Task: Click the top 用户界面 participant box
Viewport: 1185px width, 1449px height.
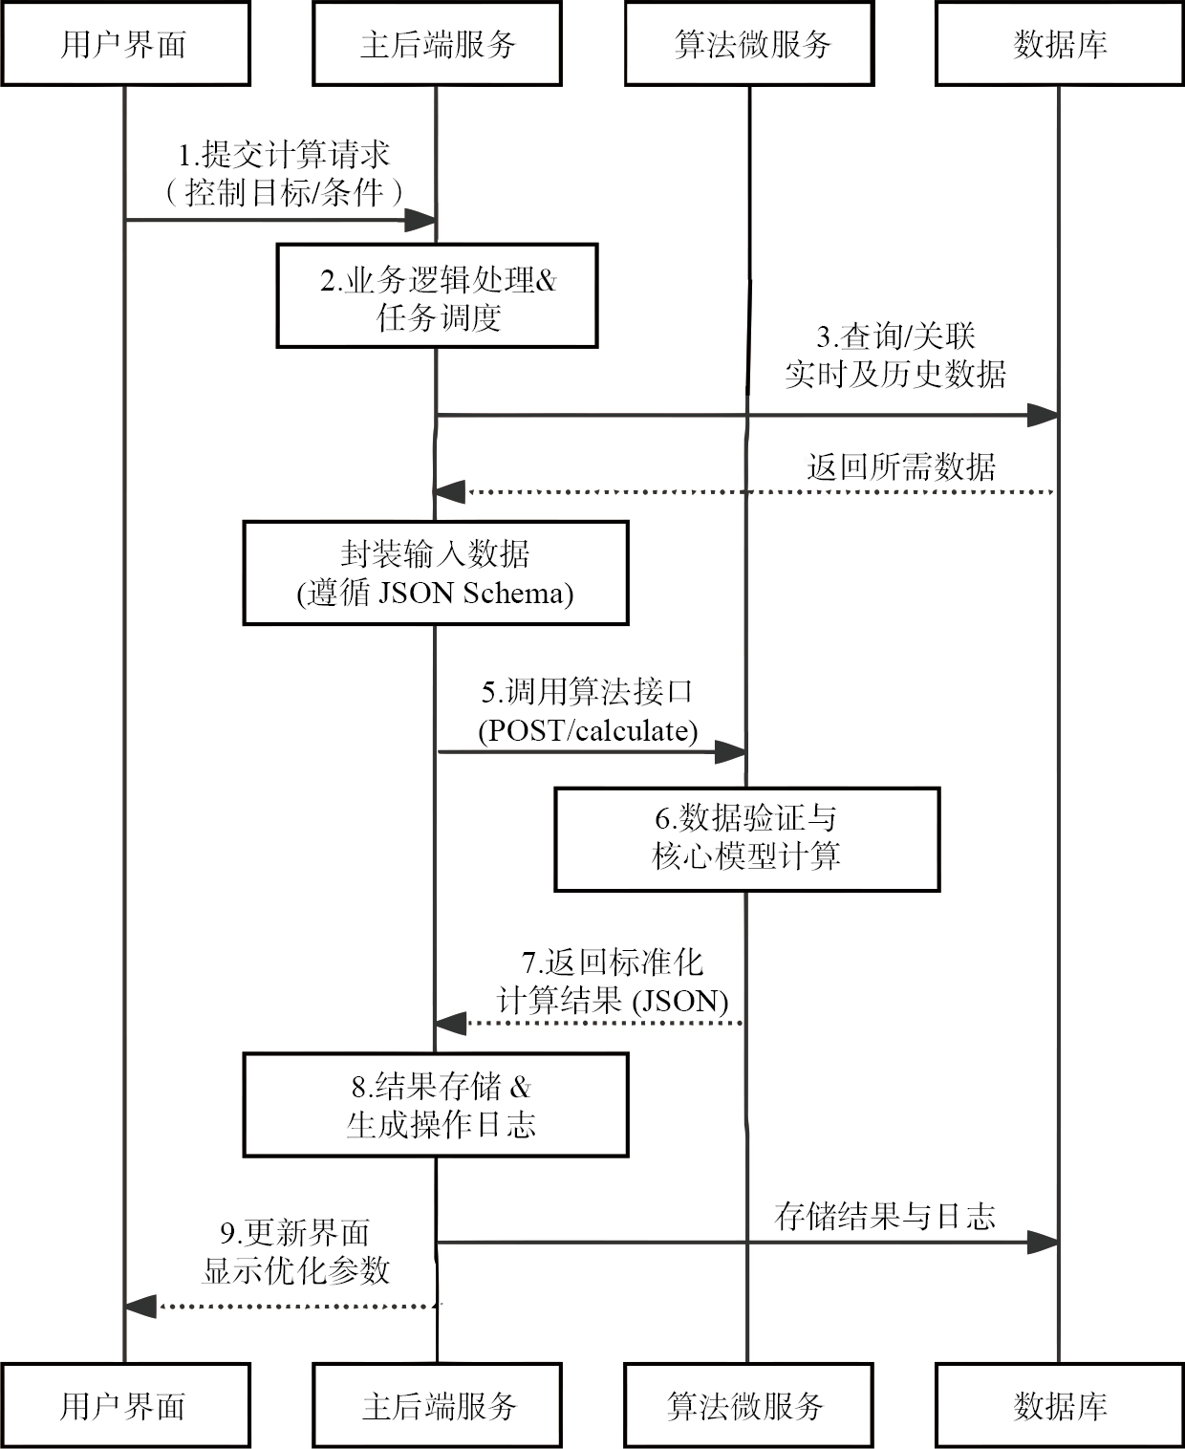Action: pos(125,44)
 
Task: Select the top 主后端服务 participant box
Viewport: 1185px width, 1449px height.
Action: pos(437,44)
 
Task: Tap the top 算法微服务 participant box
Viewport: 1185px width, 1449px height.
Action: pos(749,44)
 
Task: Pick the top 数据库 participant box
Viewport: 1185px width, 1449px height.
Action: pos(1060,44)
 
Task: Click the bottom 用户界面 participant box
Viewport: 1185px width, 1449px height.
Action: pos(125,1406)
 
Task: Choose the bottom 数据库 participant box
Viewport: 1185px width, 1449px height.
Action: pos(1060,1406)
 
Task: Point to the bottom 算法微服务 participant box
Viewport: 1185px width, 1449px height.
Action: pos(749,1406)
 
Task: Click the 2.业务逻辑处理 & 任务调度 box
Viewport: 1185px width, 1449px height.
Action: pos(437,295)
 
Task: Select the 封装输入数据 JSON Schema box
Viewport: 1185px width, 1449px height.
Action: pos(436,573)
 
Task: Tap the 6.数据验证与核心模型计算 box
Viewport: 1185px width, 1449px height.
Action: pos(747,839)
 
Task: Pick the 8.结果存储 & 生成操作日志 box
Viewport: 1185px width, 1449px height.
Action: pos(436,1105)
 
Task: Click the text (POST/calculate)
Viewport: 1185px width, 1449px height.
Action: pos(588,731)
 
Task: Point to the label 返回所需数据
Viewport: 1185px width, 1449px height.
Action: pos(901,467)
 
